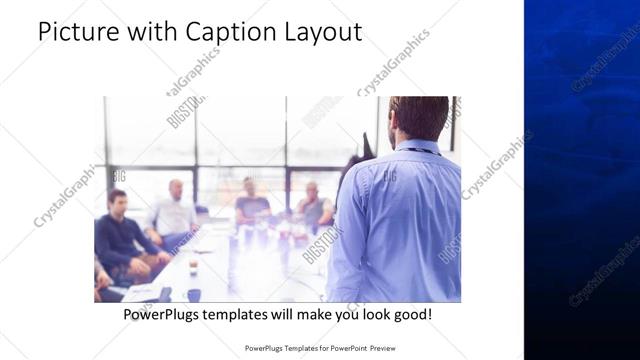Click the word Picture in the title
72,32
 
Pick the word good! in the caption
411,314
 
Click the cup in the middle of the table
194,265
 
